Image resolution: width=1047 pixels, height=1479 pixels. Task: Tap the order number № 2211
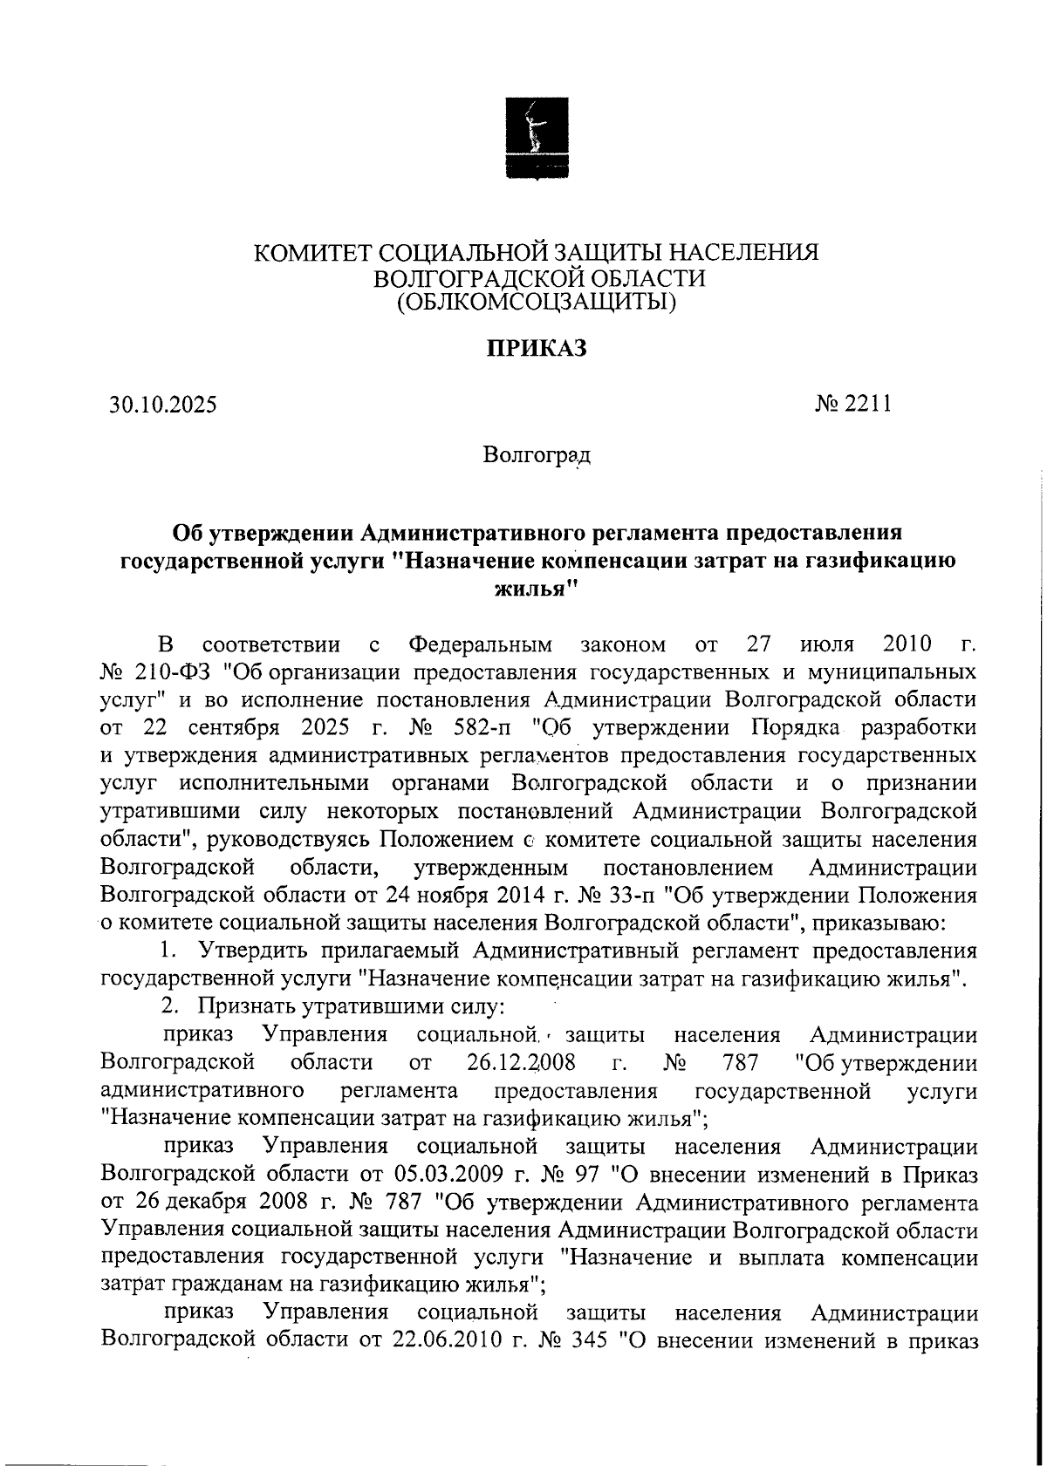tap(852, 404)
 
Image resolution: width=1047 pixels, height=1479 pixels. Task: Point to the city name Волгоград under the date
tap(536, 455)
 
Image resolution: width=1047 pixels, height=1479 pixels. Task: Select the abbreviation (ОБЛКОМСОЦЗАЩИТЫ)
tap(536, 303)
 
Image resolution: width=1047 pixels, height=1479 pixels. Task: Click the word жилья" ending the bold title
tap(536, 590)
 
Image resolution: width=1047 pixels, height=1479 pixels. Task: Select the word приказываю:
tap(875, 923)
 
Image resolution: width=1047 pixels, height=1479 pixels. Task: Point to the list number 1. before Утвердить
tap(172, 951)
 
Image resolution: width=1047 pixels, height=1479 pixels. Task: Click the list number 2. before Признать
tap(172, 1005)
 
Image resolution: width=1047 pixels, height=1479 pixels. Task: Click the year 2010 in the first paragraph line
tap(907, 645)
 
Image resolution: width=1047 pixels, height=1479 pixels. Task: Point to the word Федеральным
tap(481, 645)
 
